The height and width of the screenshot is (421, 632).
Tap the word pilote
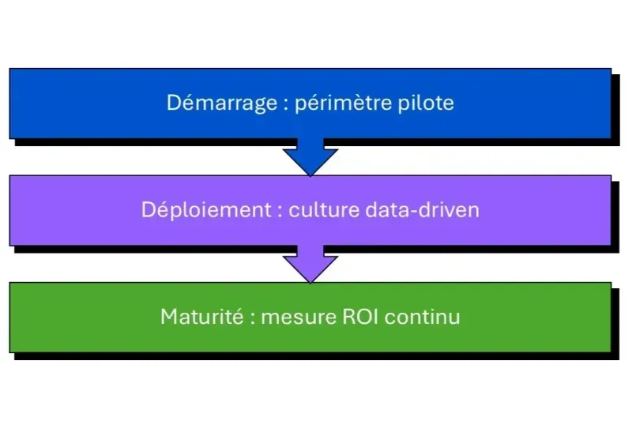427,103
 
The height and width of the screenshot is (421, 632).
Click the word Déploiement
205,211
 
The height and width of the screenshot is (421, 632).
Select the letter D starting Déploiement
149,211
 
